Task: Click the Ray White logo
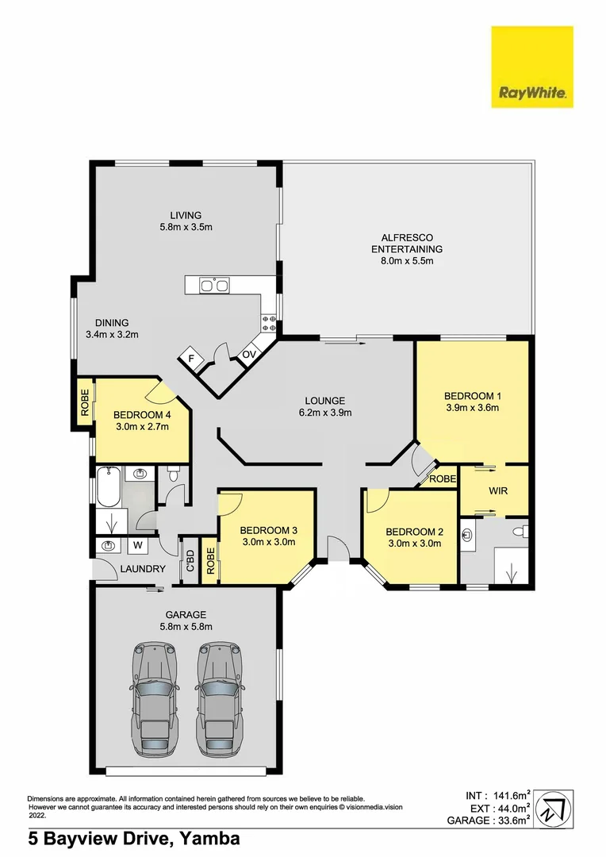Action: pos(531,67)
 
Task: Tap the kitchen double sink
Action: pos(215,284)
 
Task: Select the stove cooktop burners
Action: pos(268,322)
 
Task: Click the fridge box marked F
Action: pos(190,359)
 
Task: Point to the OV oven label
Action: pos(248,354)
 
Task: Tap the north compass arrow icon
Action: pos(554,809)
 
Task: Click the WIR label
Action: pos(497,490)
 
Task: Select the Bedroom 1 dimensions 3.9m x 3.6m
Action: pos(472,409)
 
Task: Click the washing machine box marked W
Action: pos(137,545)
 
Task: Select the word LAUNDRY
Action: pos(143,569)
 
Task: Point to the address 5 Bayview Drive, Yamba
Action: pos(133,838)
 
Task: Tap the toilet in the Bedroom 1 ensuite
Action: pos(521,531)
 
